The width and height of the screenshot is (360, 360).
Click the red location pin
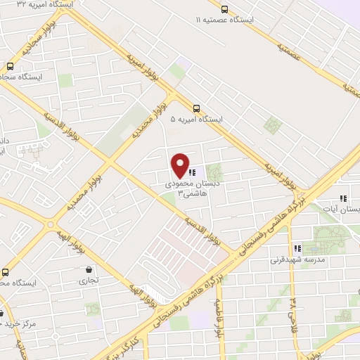point(181,166)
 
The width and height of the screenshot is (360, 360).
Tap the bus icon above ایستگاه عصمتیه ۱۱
point(224,9)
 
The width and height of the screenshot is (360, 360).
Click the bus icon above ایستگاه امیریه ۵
point(196,108)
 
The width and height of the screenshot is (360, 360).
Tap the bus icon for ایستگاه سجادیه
point(10,66)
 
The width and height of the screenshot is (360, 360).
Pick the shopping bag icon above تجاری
point(89,269)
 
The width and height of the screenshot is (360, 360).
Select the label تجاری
point(89,280)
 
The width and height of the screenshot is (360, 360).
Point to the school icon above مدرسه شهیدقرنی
point(297,248)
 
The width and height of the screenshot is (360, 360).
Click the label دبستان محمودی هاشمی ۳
point(184,187)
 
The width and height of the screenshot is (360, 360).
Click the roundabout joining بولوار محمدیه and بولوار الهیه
point(50,226)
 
